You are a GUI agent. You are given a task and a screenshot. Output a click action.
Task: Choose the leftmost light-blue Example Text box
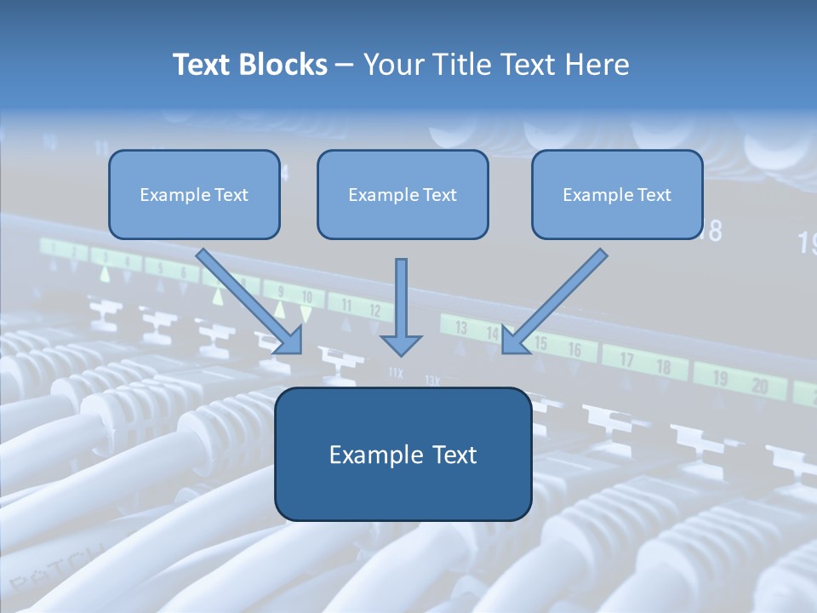tap(194, 195)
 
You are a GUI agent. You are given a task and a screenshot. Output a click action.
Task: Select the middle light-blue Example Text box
tap(403, 195)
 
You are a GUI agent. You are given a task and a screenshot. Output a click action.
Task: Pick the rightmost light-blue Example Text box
tap(617, 195)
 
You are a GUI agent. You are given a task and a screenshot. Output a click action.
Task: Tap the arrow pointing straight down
tap(401, 306)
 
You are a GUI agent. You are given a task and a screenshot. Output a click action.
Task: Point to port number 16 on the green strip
tap(575, 349)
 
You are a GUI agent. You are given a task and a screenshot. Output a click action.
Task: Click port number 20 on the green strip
tap(758, 387)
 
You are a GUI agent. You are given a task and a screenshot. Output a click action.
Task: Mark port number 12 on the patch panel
tap(375, 312)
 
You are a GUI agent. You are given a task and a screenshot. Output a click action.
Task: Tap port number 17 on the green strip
tap(626, 360)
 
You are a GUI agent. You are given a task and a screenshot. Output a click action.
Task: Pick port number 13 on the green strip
tap(461, 327)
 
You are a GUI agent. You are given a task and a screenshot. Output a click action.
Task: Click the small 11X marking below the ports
tap(396, 372)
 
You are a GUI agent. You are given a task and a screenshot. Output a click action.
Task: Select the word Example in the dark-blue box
tap(364, 455)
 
